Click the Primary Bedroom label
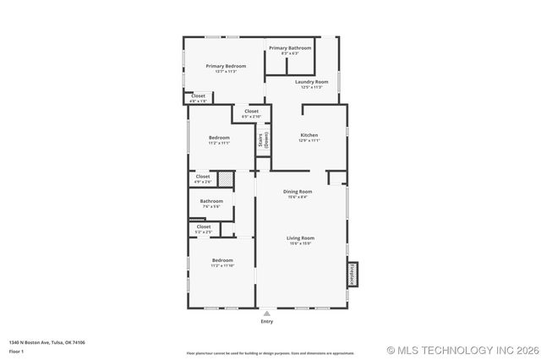tap(226, 66)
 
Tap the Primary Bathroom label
tap(290, 48)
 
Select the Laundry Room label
tap(311, 82)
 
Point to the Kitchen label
tap(309, 136)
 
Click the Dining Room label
tap(297, 192)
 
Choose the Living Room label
tap(301, 238)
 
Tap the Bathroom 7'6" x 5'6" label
tap(211, 201)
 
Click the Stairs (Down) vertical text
tap(264, 140)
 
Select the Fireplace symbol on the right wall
tap(352, 275)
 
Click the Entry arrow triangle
tap(267, 313)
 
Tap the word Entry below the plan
tap(267, 321)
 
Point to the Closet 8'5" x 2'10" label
tap(251, 112)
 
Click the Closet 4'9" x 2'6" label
tap(203, 177)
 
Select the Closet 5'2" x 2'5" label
tap(204, 226)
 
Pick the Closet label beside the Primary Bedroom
tap(198, 96)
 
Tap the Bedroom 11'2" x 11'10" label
tap(222, 260)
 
